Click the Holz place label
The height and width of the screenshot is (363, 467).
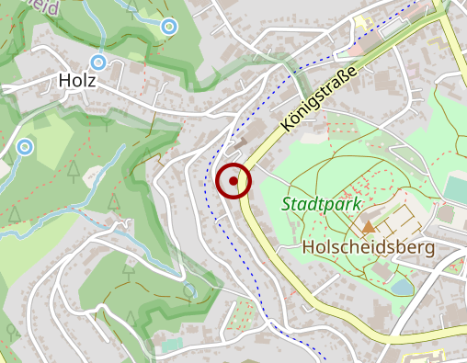[x=76, y=81]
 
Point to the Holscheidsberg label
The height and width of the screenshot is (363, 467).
[x=368, y=248]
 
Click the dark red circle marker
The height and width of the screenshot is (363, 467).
[x=234, y=181]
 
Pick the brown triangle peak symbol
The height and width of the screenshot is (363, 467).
[x=369, y=225]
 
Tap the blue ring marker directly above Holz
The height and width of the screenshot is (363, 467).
[x=98, y=62]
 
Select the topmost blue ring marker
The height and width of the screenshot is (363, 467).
[x=168, y=27]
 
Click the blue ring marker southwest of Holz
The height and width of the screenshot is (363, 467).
[x=25, y=146]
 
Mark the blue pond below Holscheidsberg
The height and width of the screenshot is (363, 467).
[x=402, y=287]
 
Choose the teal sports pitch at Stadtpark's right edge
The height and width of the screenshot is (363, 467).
[x=457, y=188]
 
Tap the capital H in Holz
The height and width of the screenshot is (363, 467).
[x=64, y=81]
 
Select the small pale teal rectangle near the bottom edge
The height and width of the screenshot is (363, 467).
[x=171, y=345]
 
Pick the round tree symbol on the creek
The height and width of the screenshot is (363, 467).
[x=190, y=291]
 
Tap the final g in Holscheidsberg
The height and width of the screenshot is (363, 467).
[x=429, y=250]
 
